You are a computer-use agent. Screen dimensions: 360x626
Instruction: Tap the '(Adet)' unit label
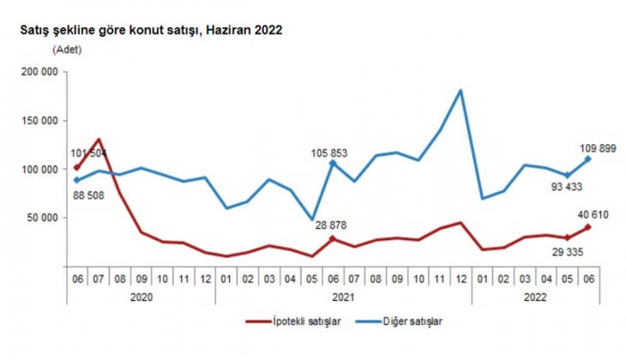(67, 50)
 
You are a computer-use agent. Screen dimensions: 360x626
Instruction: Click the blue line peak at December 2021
(462, 90)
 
